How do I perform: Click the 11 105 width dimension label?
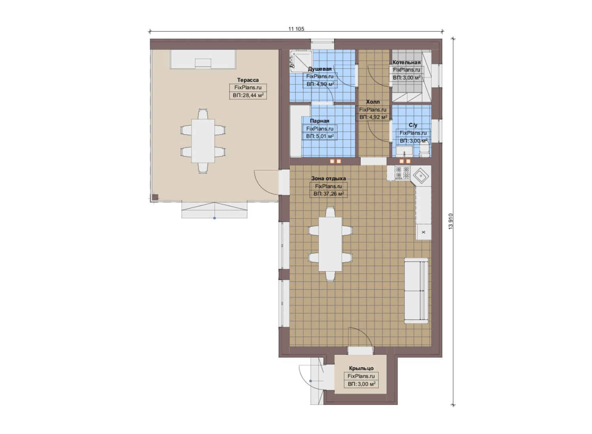[x=296, y=29]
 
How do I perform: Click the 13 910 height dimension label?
[x=451, y=221]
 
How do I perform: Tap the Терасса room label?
[x=248, y=80]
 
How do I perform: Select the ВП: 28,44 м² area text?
[x=248, y=95]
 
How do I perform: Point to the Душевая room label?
[x=320, y=69]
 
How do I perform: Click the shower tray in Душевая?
[x=301, y=61]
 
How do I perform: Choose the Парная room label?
[x=320, y=121]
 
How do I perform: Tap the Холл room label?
[x=373, y=102]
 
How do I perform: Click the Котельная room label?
[x=406, y=62]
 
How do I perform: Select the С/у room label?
[x=413, y=125]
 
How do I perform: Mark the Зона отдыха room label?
[x=329, y=178]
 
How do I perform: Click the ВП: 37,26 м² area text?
[x=329, y=194]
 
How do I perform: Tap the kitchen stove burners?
[x=402, y=173]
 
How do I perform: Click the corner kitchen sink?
[x=420, y=175]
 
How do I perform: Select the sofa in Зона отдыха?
[x=416, y=291]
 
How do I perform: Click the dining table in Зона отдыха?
[x=331, y=244]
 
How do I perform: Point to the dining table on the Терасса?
[x=203, y=141]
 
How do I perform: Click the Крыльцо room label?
[x=361, y=368]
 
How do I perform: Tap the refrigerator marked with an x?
[x=424, y=232]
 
